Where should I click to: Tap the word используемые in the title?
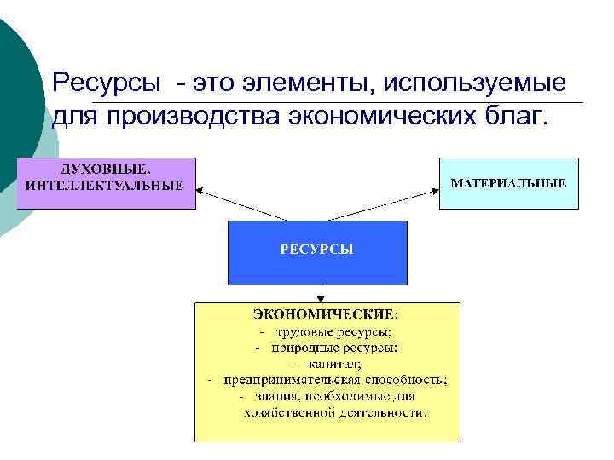point(474,83)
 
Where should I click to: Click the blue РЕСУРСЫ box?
point(317,251)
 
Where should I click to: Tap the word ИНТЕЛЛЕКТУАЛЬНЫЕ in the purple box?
point(105,185)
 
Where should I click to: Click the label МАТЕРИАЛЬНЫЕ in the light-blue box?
point(507,183)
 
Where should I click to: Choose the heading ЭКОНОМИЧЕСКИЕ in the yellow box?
point(327,315)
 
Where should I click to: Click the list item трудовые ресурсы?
point(333,331)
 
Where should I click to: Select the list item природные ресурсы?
point(335,348)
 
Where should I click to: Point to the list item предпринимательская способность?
point(336,380)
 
